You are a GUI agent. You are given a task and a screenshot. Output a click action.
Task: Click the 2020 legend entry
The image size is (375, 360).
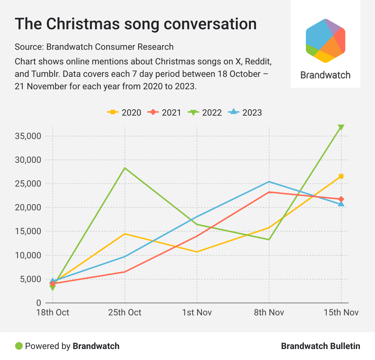coord(124,112)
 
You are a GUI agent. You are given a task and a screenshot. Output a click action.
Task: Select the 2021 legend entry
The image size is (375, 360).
coord(164,112)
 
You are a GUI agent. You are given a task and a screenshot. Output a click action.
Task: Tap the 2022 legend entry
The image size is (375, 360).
coord(205,112)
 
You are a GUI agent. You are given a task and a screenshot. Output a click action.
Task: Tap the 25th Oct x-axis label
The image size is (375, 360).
coord(125,312)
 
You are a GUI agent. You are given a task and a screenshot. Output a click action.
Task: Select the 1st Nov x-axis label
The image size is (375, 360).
coord(197,312)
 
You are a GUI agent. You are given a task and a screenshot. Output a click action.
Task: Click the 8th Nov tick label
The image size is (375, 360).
coord(269,312)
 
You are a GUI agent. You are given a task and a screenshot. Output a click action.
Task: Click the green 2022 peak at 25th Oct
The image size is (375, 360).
coord(125,168)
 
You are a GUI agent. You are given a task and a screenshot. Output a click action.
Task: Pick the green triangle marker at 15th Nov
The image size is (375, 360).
coord(341,127)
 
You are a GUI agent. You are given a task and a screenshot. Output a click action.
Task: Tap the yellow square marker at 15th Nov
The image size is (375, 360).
coord(341,176)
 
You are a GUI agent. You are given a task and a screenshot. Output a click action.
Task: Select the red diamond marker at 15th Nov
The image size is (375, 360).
coord(341,199)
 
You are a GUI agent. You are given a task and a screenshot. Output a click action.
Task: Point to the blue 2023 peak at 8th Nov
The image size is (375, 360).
coord(269,181)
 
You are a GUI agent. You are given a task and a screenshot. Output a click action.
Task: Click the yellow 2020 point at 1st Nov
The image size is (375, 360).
coord(197,252)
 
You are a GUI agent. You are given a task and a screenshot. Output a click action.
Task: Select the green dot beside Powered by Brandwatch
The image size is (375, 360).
coord(19,346)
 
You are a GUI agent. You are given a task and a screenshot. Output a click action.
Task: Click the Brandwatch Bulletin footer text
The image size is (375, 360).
coord(320,346)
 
